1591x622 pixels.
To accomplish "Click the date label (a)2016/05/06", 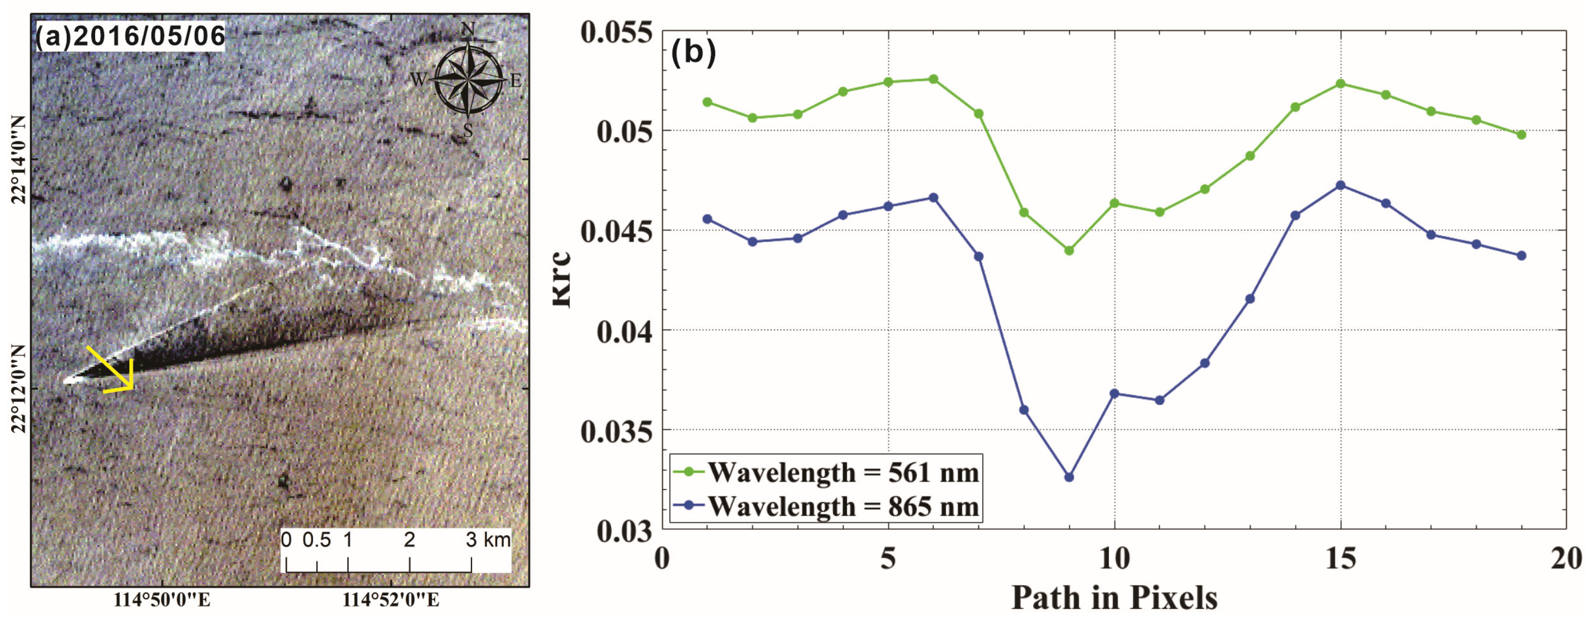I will [130, 36].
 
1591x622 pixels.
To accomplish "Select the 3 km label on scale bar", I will [487, 540].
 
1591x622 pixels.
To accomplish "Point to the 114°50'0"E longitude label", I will [162, 600].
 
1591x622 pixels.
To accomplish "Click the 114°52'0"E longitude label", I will [391, 600].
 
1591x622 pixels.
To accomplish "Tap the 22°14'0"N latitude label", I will [19, 159].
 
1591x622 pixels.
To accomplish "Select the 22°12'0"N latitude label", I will [19, 389].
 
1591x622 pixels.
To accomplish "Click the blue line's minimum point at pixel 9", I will [1069, 477].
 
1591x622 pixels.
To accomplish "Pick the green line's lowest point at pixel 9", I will [1069, 250].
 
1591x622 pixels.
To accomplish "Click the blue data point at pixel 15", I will [1340, 185].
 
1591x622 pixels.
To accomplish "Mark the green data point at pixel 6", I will [933, 79].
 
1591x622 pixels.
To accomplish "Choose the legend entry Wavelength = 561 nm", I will [843, 473].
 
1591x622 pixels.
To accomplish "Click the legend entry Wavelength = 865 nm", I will [843, 506].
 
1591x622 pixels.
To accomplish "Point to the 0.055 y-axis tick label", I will [616, 32].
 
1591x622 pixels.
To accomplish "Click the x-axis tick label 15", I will [1340, 559].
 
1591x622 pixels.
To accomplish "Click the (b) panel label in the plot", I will [693, 52].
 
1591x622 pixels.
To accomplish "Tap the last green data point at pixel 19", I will [1521, 135].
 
